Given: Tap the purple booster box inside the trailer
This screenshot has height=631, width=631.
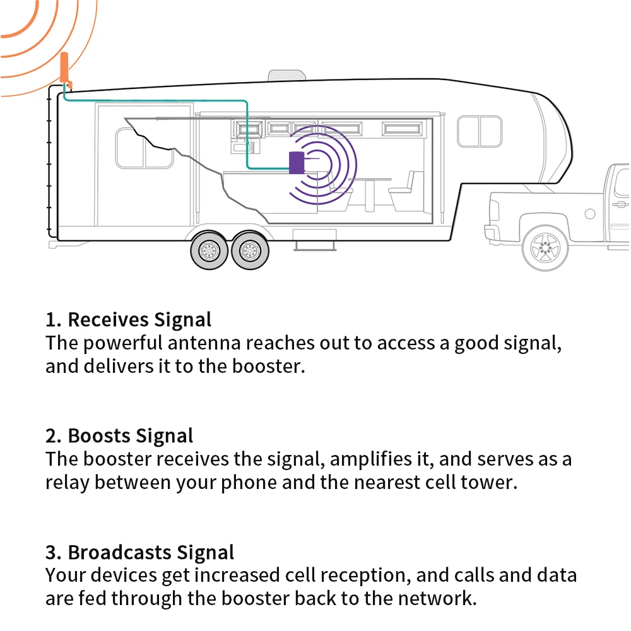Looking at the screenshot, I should [x=295, y=163].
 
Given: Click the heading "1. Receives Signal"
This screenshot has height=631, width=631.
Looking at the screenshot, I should [x=128, y=319].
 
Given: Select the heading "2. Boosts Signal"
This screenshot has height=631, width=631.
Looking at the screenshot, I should [x=119, y=435].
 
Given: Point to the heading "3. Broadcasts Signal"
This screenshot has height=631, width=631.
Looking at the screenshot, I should [x=139, y=552].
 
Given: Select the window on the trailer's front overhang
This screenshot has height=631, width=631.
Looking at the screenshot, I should [x=480, y=131].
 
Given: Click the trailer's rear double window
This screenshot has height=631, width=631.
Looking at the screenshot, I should [x=145, y=148].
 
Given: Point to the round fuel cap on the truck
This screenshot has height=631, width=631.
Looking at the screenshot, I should [x=590, y=214].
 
